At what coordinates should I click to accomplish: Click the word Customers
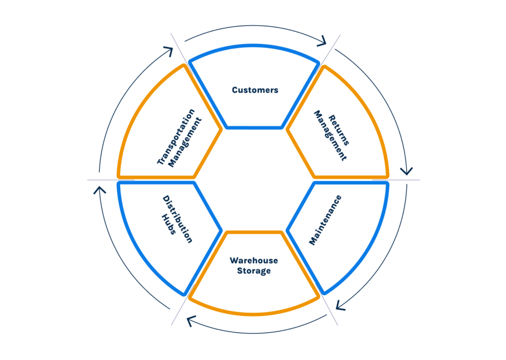click(255, 90)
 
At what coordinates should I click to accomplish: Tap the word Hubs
click(169, 224)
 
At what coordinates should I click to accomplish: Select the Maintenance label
click(325, 220)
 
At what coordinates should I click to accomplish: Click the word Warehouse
click(253, 261)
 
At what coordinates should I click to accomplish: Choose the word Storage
click(253, 271)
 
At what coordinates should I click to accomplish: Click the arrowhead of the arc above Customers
click(324, 41)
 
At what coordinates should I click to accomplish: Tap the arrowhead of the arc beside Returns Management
click(407, 171)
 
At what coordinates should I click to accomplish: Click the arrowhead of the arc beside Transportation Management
click(168, 51)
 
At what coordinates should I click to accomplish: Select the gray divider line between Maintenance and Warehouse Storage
click(329, 310)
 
